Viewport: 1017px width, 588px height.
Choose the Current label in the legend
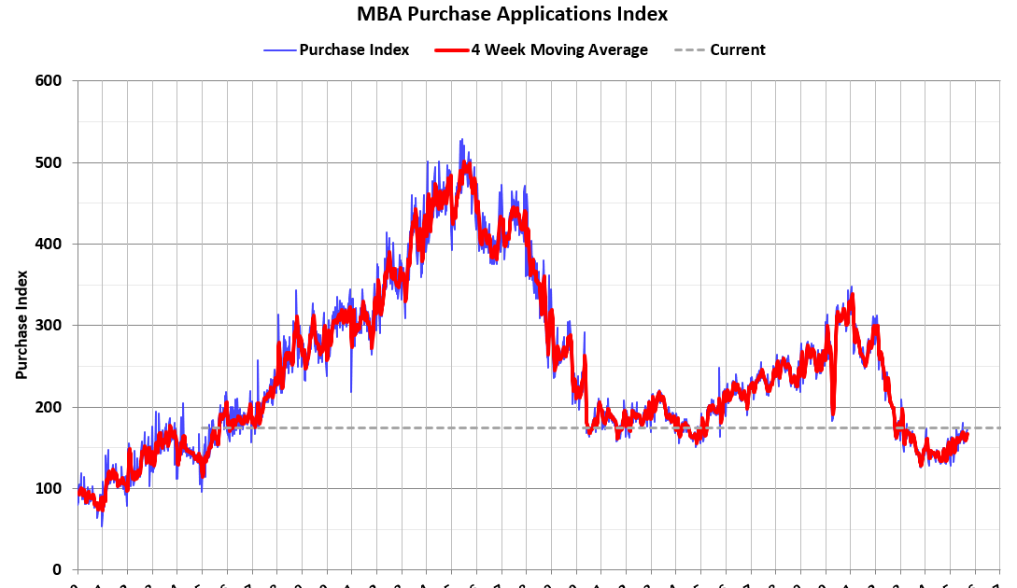[737, 49]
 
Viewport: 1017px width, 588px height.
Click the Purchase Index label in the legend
[354, 49]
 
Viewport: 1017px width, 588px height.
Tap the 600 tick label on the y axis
[49, 81]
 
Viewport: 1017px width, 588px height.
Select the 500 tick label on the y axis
[49, 162]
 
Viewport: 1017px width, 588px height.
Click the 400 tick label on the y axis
[49, 244]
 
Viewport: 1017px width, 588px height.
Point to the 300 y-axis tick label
[49, 325]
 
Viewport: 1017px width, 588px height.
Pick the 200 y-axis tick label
[49, 407]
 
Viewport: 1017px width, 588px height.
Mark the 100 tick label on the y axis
[49, 488]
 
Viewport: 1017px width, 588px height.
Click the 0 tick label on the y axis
[57, 569]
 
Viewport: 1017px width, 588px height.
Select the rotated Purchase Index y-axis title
[21, 325]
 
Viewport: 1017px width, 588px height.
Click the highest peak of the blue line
[460, 140]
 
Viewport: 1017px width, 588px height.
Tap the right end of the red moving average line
[967, 434]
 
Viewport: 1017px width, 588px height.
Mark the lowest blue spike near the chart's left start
[102, 525]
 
